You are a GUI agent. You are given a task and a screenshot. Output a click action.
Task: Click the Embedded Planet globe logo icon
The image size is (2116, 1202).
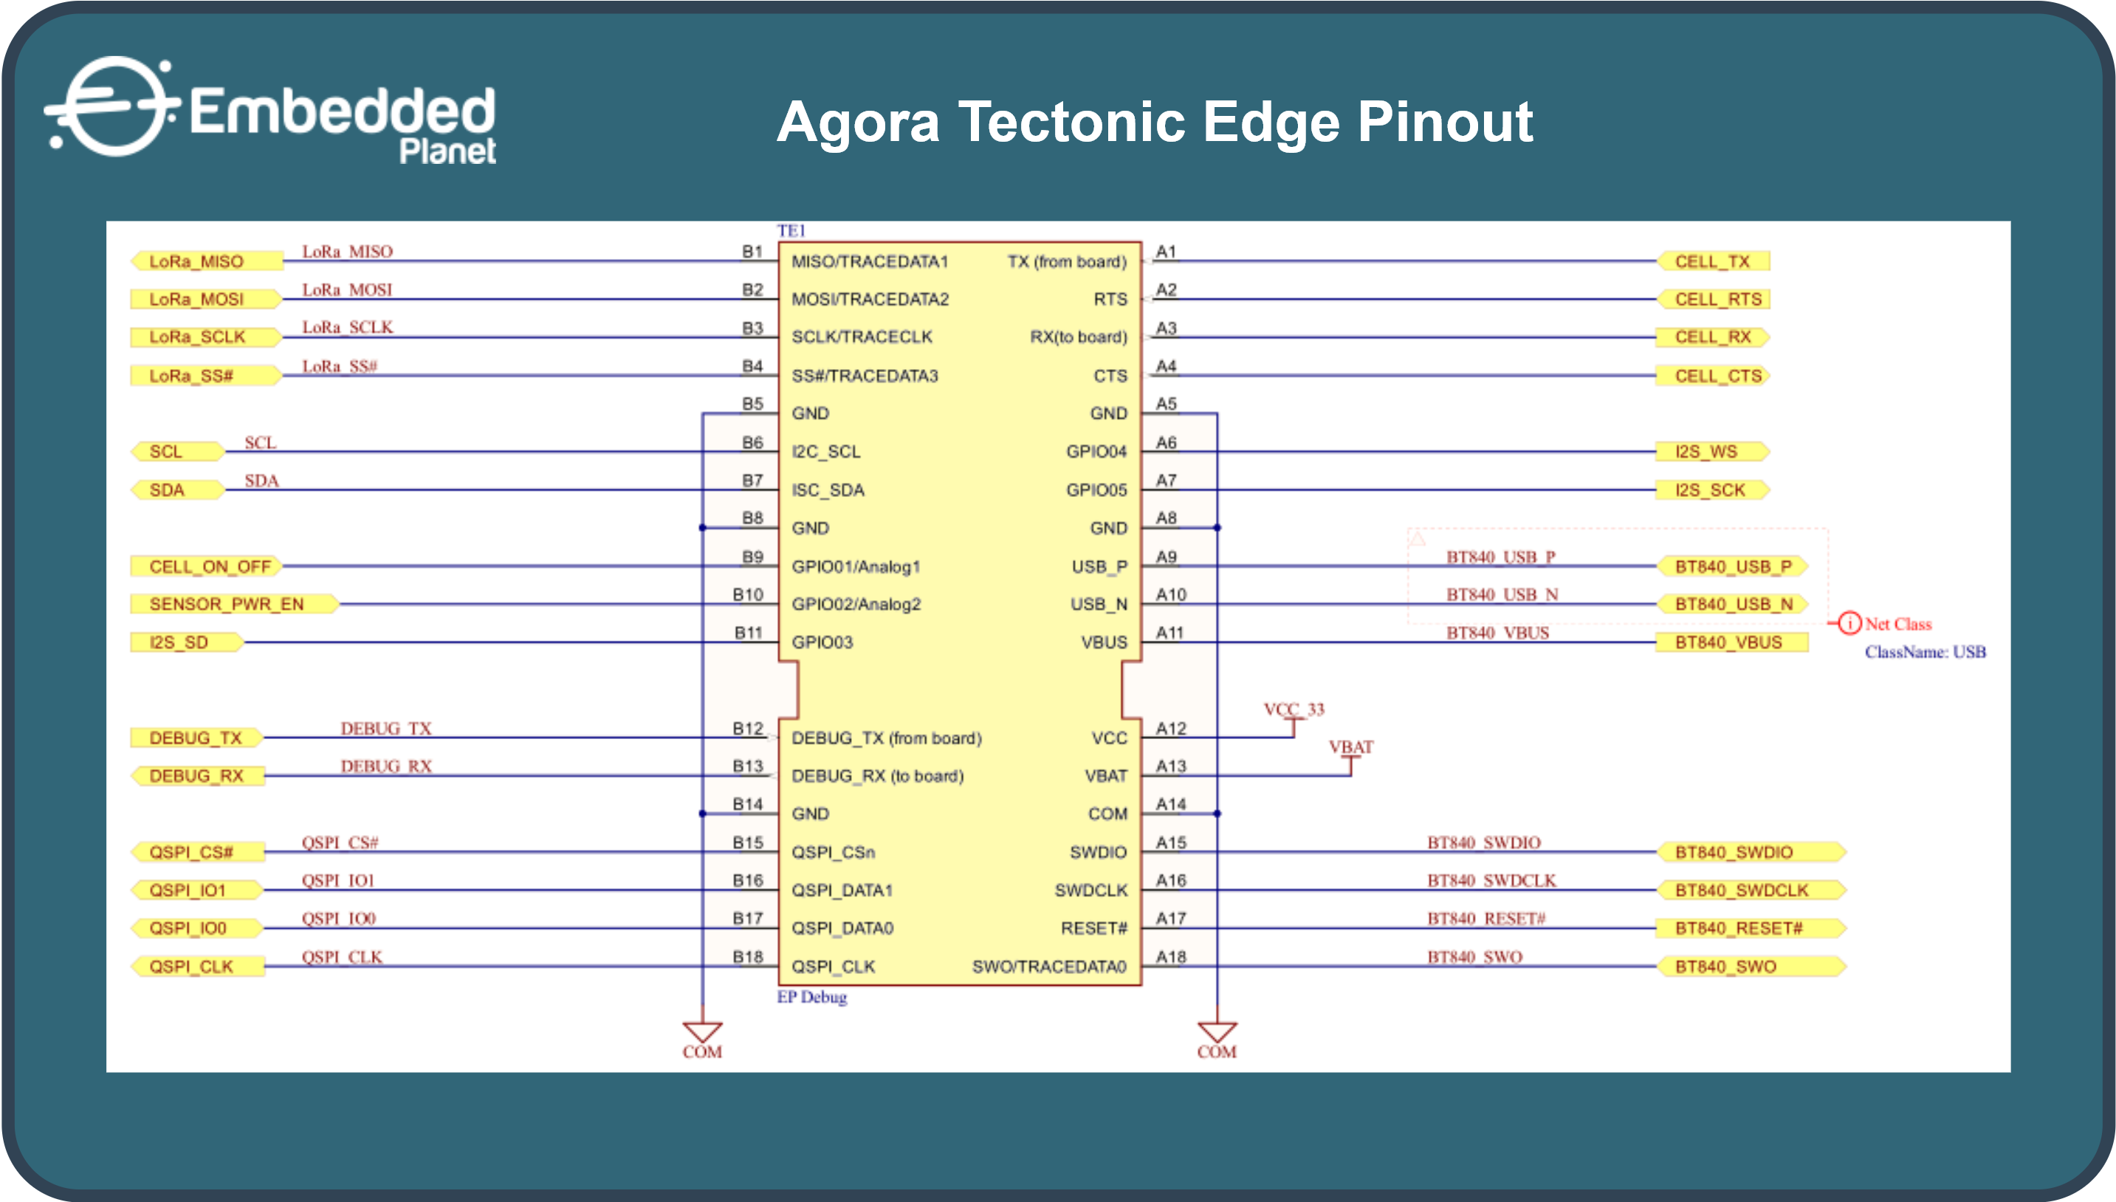113,106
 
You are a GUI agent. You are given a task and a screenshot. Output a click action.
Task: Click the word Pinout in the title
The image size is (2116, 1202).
1445,122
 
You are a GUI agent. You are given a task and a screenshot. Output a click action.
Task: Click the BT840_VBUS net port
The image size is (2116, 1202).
1732,642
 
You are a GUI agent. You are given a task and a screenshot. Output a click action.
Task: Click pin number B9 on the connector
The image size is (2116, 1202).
752,557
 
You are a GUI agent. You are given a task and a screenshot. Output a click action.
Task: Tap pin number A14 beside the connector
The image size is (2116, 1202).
1170,803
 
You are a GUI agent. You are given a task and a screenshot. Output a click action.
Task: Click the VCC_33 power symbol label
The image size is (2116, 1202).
1294,709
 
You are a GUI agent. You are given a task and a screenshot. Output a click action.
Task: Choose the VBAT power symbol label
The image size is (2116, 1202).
1350,746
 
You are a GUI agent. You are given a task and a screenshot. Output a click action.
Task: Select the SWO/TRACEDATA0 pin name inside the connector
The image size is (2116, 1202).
1049,966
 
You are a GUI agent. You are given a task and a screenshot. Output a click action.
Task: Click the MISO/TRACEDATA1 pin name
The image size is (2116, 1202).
870,261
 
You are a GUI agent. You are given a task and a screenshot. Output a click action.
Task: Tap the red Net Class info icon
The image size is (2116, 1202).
1849,622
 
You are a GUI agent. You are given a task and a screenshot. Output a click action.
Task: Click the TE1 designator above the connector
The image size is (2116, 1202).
791,230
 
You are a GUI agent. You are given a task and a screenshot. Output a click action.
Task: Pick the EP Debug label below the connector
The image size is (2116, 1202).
812,997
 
